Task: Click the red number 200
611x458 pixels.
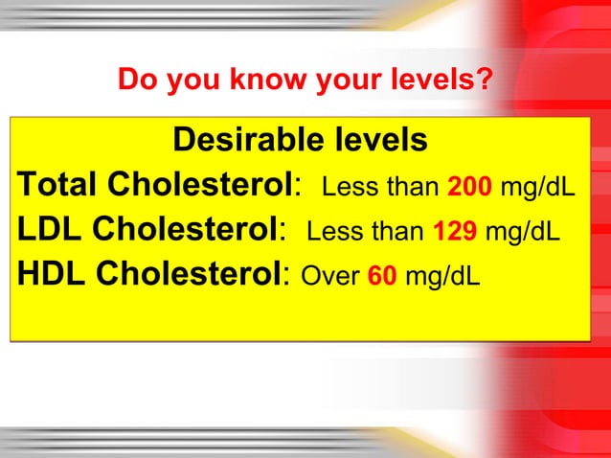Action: (470, 184)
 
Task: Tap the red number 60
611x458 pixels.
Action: (382, 277)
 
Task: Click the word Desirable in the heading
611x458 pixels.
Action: (244, 141)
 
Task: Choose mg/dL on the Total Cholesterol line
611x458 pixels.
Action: (538, 184)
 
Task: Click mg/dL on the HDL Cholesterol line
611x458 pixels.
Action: (442, 277)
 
